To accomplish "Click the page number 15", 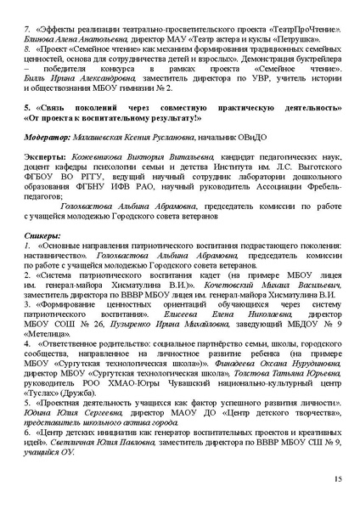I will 337,482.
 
